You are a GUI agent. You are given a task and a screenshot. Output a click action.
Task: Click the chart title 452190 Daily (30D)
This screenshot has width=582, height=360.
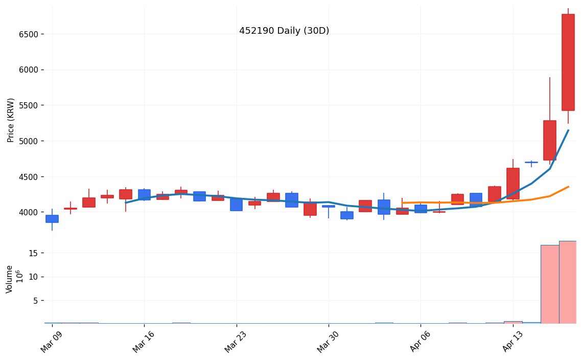(x=284, y=31)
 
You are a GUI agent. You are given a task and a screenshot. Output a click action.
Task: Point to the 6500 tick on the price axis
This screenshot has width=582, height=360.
(x=29, y=34)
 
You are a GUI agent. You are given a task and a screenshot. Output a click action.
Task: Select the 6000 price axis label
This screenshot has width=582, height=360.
(x=29, y=70)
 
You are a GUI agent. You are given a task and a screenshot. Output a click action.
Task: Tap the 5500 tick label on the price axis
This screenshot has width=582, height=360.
(x=29, y=105)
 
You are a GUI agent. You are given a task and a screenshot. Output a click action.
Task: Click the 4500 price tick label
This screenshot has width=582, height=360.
(x=29, y=177)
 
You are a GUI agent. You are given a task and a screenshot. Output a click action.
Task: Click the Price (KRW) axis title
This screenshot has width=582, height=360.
(x=11, y=120)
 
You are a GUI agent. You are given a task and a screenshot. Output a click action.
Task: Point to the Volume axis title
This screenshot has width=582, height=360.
(x=10, y=279)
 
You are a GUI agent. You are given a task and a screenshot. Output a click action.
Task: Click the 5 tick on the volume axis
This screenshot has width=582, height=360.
(x=35, y=301)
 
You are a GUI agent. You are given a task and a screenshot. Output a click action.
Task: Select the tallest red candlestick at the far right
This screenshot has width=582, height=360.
(x=568, y=62)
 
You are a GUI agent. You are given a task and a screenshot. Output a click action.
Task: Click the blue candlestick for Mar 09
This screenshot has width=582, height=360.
(x=52, y=219)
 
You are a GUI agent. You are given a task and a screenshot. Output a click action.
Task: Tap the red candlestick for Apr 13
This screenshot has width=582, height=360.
(x=513, y=183)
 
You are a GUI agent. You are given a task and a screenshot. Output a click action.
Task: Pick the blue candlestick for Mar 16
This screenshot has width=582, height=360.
(x=144, y=195)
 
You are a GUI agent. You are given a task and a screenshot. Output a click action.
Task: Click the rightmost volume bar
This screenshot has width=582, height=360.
(x=568, y=282)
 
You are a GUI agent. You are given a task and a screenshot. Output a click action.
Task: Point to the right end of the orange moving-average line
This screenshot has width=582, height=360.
(x=568, y=187)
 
